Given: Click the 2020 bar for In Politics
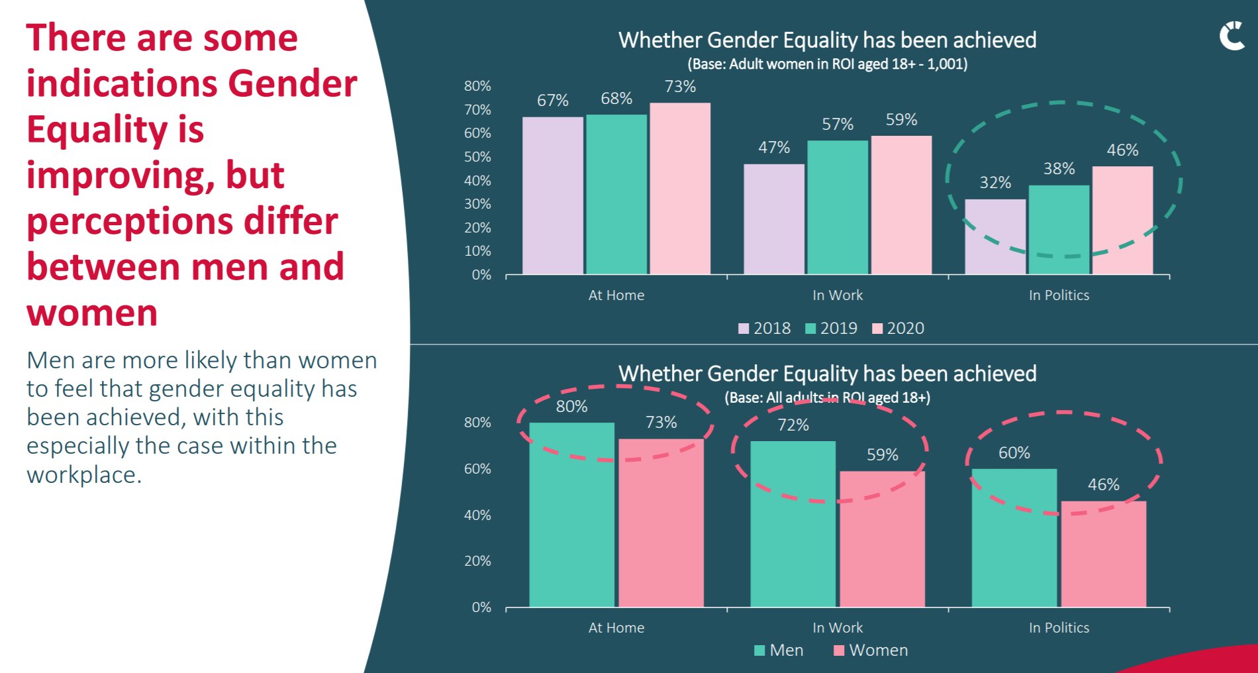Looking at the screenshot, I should (1122, 220).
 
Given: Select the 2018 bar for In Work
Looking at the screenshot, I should (773, 219).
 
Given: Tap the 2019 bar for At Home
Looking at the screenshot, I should (616, 194).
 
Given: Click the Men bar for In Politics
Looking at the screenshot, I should (1014, 537).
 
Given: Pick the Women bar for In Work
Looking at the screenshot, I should (882, 539).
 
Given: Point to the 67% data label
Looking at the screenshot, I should (552, 100).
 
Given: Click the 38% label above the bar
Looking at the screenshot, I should (1059, 169).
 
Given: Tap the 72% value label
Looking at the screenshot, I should (793, 425).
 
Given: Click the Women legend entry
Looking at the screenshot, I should (871, 650).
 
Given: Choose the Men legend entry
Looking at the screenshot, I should (779, 650).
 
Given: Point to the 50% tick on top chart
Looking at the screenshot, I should (477, 157).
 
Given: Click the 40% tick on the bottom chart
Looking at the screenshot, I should (477, 515).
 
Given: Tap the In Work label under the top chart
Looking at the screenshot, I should (837, 295).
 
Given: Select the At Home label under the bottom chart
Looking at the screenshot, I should (616, 627).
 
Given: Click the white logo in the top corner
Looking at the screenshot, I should (1232, 36).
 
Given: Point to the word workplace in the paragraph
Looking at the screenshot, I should (83, 474).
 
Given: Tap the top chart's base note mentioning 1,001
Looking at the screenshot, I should (827, 64).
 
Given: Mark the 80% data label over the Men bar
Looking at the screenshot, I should (571, 406).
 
